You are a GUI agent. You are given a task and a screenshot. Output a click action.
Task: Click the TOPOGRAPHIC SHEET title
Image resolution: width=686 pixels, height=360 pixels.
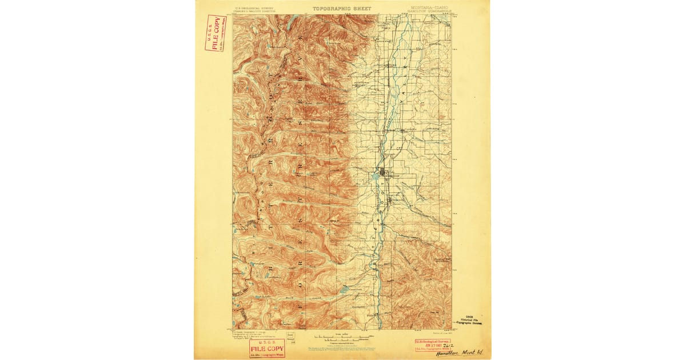coord(341,9)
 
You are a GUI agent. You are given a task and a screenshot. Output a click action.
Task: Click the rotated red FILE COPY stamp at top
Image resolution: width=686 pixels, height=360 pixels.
coord(215,33)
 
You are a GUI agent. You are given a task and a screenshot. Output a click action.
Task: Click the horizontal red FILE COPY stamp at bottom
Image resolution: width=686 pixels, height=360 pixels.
coord(267,348)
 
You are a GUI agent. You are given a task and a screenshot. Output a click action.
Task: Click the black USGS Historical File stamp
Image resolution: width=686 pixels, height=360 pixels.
coord(468,320)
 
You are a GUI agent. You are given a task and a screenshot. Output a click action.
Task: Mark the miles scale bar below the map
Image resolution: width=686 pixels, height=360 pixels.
coord(341,338)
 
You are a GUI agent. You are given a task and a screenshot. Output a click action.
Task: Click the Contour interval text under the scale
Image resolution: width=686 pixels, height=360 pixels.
coord(341,342)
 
